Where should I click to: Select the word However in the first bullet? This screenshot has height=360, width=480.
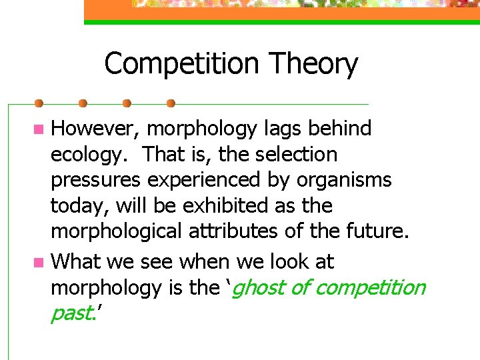click(95, 128)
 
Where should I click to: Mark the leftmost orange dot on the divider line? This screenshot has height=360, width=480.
click(39, 103)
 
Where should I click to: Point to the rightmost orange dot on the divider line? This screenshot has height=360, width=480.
click(171, 103)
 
